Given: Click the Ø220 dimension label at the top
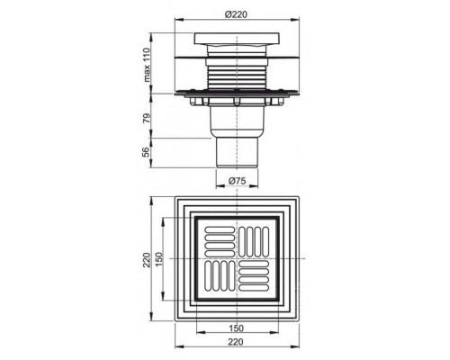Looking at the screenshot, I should (x=238, y=14).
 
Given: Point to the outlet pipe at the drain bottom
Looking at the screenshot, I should (x=238, y=152).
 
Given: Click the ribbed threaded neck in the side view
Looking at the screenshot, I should (x=238, y=73).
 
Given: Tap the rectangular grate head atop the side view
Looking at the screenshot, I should (x=238, y=40).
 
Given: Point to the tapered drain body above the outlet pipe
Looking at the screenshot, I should (x=238, y=121).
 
